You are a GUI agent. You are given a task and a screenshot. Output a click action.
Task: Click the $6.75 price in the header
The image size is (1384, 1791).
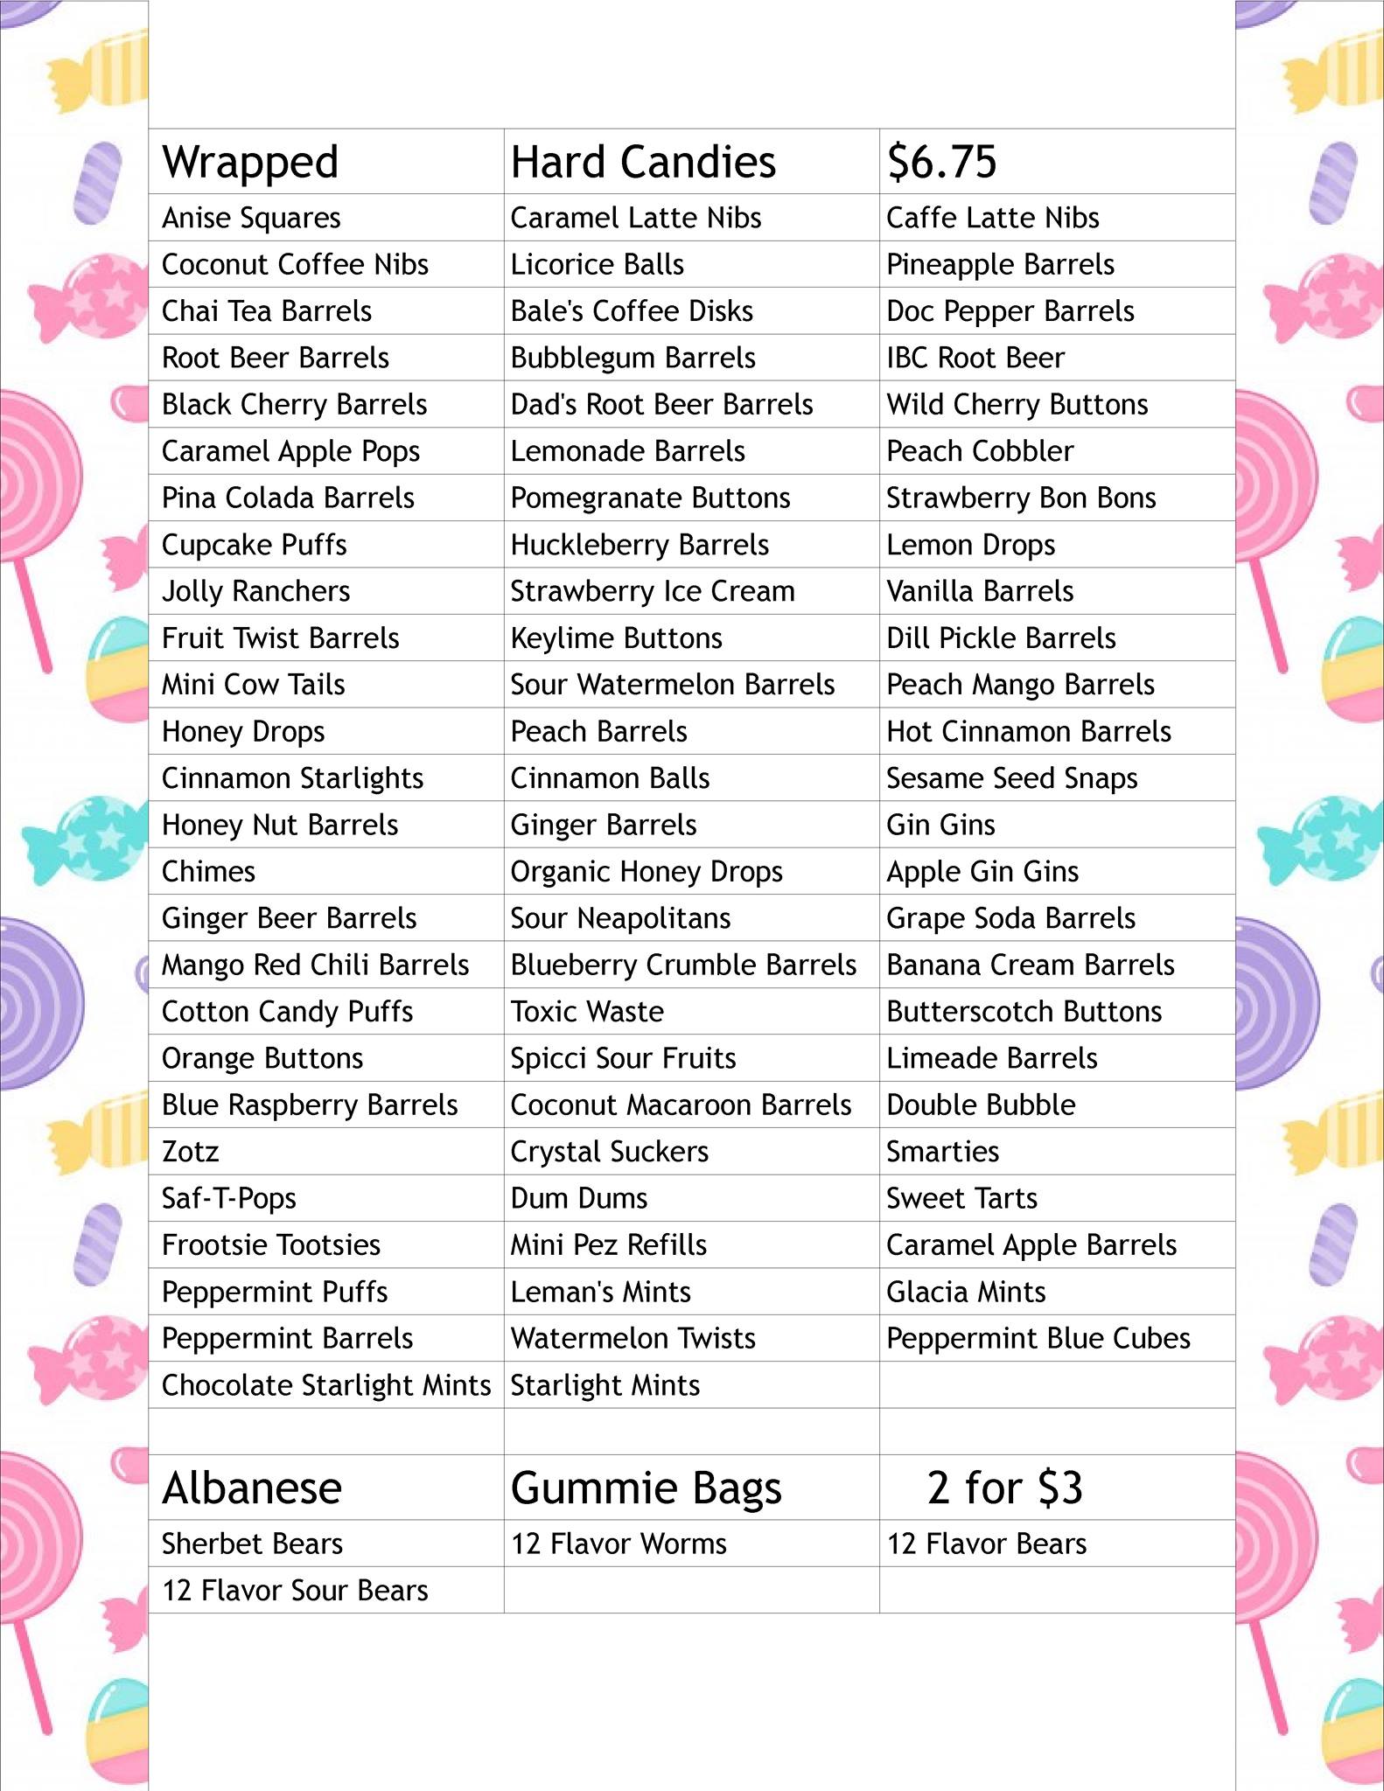tap(941, 162)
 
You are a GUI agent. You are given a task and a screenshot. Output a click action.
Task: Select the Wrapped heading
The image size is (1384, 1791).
tap(250, 163)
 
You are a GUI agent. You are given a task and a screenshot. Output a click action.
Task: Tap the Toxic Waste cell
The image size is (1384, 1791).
tap(587, 1012)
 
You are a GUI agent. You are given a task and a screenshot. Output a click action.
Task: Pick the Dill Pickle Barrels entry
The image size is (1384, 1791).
tap(1001, 638)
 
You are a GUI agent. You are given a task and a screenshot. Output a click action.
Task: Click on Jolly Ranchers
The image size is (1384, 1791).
tap(255, 592)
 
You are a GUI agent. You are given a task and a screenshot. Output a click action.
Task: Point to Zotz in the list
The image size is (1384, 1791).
tap(190, 1152)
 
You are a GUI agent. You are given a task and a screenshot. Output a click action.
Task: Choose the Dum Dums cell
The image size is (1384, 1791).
tap(579, 1198)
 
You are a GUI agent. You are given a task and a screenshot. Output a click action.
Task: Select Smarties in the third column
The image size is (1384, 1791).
tap(942, 1152)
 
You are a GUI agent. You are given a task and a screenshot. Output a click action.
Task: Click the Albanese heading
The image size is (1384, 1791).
tap(252, 1488)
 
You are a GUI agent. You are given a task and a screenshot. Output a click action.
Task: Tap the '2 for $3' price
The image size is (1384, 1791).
tap(1004, 1488)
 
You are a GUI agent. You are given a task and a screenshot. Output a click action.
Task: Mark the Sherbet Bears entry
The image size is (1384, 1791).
tap(252, 1544)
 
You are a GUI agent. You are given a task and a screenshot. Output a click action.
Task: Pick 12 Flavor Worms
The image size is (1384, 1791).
tap(619, 1544)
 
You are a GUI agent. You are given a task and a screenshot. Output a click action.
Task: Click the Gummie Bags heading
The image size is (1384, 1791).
tap(646, 1488)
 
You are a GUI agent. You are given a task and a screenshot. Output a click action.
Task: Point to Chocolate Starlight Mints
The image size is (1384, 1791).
tap(326, 1385)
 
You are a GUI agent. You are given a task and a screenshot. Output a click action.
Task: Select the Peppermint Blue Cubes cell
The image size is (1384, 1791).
tap(1038, 1339)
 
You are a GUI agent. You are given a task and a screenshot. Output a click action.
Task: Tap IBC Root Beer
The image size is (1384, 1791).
tap(975, 358)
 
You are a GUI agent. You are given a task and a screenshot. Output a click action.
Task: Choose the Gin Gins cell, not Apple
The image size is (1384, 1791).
tap(940, 825)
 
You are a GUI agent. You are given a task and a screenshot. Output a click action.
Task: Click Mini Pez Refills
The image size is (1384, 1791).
tap(609, 1245)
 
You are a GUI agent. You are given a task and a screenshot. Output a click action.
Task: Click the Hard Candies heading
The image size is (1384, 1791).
tap(643, 163)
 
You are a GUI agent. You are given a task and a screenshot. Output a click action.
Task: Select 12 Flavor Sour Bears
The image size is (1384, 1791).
tap(295, 1590)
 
